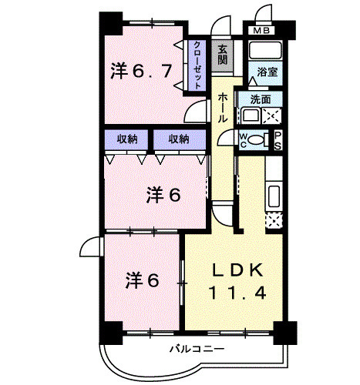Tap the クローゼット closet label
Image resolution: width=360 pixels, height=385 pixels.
tap(197, 65)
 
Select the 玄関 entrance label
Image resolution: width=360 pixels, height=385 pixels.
tap(223, 55)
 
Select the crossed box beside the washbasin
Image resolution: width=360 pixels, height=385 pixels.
tap(271, 116)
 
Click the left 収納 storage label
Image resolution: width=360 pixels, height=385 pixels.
tap(128, 139)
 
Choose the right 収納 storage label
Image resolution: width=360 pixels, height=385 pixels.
tap(179, 139)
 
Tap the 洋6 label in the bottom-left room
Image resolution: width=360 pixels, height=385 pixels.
tap(143, 280)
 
